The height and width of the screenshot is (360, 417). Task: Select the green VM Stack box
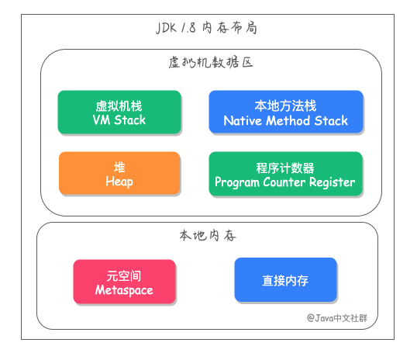point(119,112)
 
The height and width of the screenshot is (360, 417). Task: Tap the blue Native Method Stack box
point(285,112)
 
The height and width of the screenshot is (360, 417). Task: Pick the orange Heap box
point(119,173)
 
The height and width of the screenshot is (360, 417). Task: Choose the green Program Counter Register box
point(285,173)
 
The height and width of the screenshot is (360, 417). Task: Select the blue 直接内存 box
point(285,279)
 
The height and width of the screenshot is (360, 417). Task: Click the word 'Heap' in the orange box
point(119,182)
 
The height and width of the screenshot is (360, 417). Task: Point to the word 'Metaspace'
point(124,290)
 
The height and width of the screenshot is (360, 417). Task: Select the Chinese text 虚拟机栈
point(119,106)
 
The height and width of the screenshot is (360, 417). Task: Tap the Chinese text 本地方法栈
point(285,106)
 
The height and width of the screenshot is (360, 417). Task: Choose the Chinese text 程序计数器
point(285,167)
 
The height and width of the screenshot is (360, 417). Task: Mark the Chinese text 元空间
point(124,275)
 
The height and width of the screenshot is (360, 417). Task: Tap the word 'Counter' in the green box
point(284,182)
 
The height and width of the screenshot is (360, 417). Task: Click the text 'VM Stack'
point(119,121)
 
